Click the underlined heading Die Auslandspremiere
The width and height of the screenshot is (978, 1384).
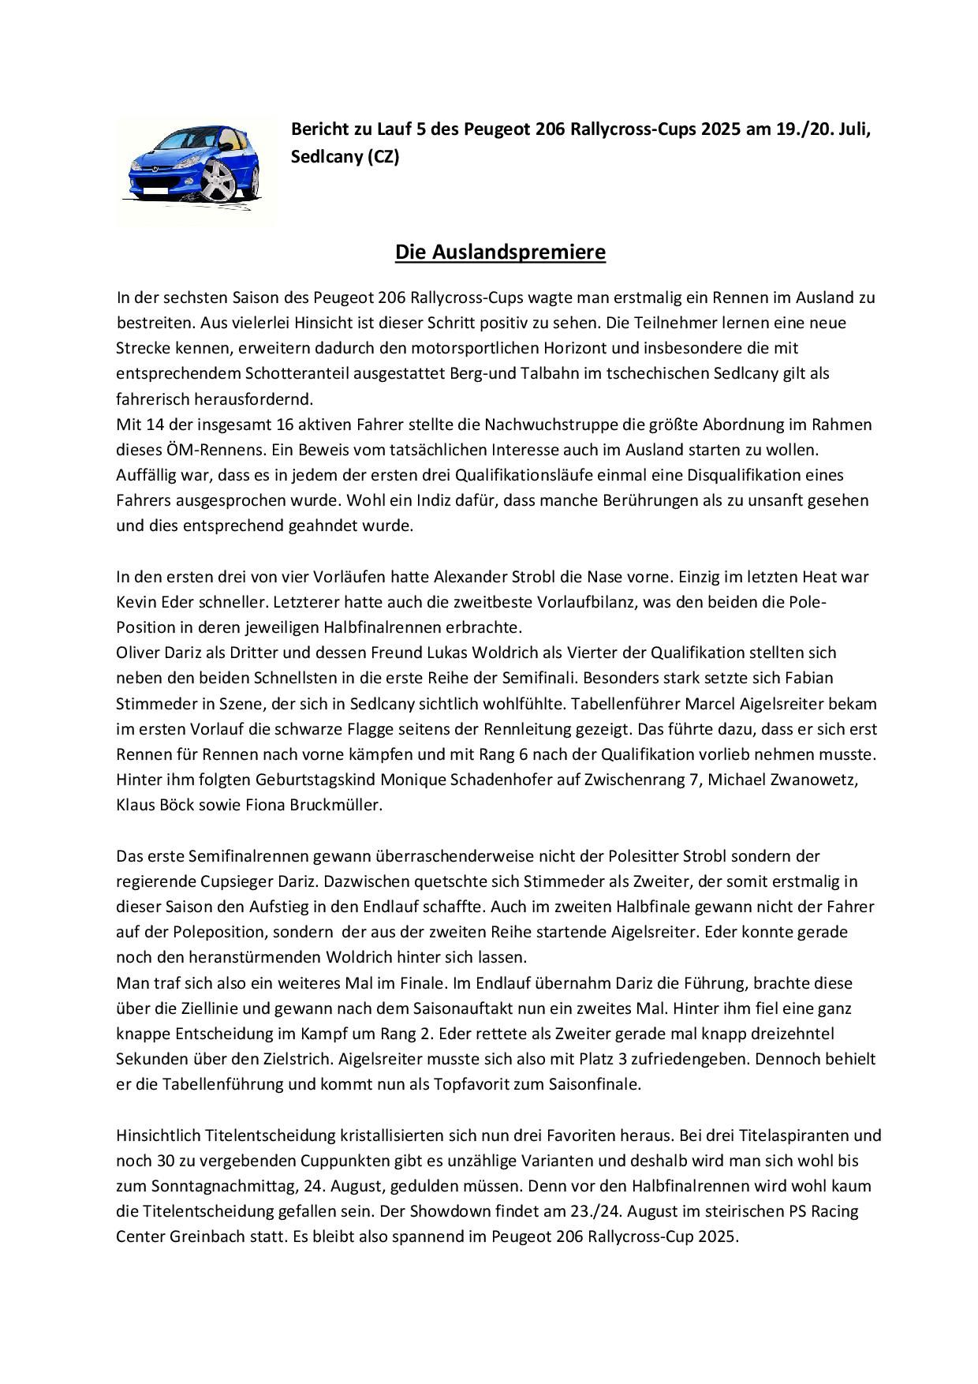click(500, 252)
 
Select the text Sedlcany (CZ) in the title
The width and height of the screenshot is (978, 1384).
click(345, 157)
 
